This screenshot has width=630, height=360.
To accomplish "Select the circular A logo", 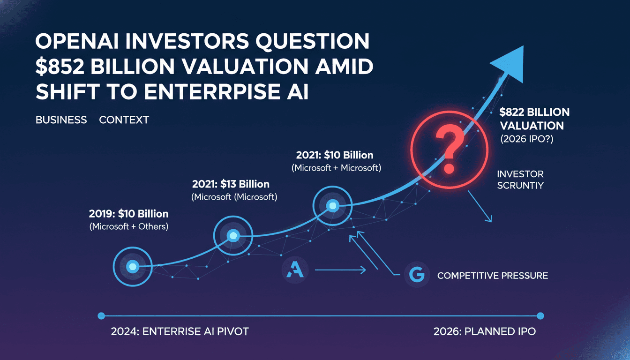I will pos(295,270).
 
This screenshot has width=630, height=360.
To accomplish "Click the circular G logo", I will pos(417,275).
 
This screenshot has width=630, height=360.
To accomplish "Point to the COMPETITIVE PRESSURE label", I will pos(492,276).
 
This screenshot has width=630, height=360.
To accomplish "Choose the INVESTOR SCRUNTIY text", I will pos(520,180).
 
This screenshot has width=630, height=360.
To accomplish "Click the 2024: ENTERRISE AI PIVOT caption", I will pos(180,331).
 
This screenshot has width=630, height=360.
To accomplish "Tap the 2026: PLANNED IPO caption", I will pos(484,331).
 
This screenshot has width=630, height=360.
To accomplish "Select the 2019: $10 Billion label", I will pos(128,214).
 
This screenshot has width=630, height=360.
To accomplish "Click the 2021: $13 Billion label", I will pos(231,184).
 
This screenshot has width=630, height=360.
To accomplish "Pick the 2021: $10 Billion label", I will pos(335,155).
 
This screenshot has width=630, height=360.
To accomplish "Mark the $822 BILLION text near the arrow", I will pos(534,112).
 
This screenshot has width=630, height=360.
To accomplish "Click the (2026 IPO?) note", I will pos(526,139).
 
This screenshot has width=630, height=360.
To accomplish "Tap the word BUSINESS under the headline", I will pos(61,120).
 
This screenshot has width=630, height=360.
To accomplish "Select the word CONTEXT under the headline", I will pos(124,120).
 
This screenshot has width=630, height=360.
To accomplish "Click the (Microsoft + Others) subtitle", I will pos(128,227).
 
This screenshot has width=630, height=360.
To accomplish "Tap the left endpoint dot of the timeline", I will pos(101,316).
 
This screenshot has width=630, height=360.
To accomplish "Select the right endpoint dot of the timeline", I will pos(540,316).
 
